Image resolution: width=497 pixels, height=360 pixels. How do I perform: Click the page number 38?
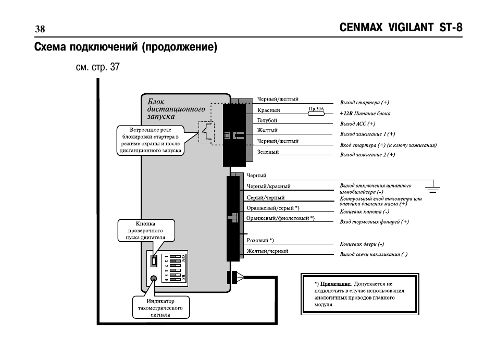pyautogui.click(x=40, y=29)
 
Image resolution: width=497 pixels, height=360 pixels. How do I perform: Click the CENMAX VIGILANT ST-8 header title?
pyautogui.click(x=401, y=28)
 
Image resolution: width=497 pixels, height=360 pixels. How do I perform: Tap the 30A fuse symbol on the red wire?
pyautogui.click(x=316, y=113)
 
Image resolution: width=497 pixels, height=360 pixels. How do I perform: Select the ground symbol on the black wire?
pyautogui.click(x=432, y=187)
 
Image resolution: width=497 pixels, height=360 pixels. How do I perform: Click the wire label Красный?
pyautogui.click(x=268, y=110)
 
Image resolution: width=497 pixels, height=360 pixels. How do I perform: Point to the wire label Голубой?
pyautogui.click(x=267, y=120)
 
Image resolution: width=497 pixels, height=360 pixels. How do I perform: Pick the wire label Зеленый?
pyautogui.click(x=268, y=152)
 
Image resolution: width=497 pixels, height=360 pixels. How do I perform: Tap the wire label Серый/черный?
pyautogui.click(x=266, y=198)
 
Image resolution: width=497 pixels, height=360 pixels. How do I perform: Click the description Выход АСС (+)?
pyautogui.click(x=357, y=124)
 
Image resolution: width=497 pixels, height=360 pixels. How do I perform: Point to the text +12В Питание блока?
pyautogui.click(x=365, y=114)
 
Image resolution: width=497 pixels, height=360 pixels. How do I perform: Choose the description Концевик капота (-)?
pyautogui.click(x=364, y=212)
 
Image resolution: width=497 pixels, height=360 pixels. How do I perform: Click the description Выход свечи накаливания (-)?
pyautogui.click(x=374, y=254)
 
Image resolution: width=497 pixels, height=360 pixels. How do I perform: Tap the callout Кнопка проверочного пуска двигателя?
pyautogui.click(x=145, y=230)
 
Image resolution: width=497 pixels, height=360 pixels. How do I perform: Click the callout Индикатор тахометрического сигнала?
pyautogui.click(x=160, y=308)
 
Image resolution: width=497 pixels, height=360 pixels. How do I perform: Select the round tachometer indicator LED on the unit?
pyautogui.click(x=153, y=279)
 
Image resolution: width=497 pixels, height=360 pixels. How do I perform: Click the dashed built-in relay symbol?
pyautogui.click(x=207, y=132)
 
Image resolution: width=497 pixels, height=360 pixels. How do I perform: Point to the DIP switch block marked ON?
pyautogui.click(x=175, y=268)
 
